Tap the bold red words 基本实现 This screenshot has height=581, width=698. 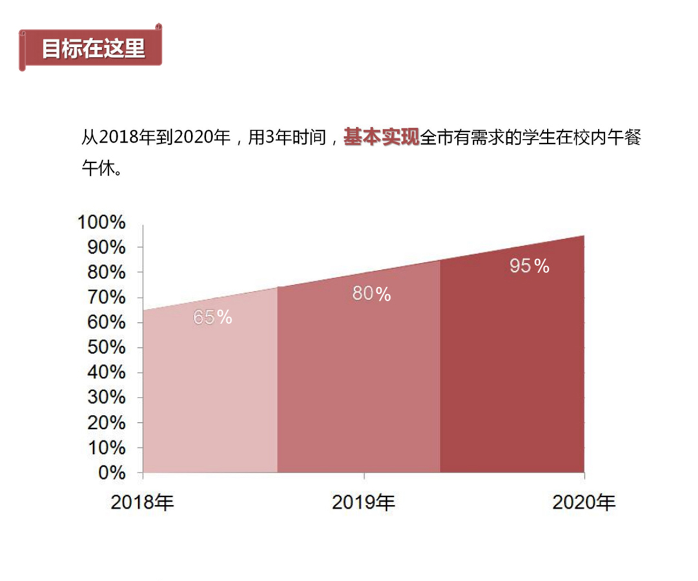coord(382,138)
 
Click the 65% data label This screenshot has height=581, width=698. coord(212,318)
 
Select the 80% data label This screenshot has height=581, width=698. coord(371,294)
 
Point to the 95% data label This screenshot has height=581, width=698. coord(529,266)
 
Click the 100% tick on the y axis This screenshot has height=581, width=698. coord(101,223)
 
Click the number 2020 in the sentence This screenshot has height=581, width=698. coord(192,138)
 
